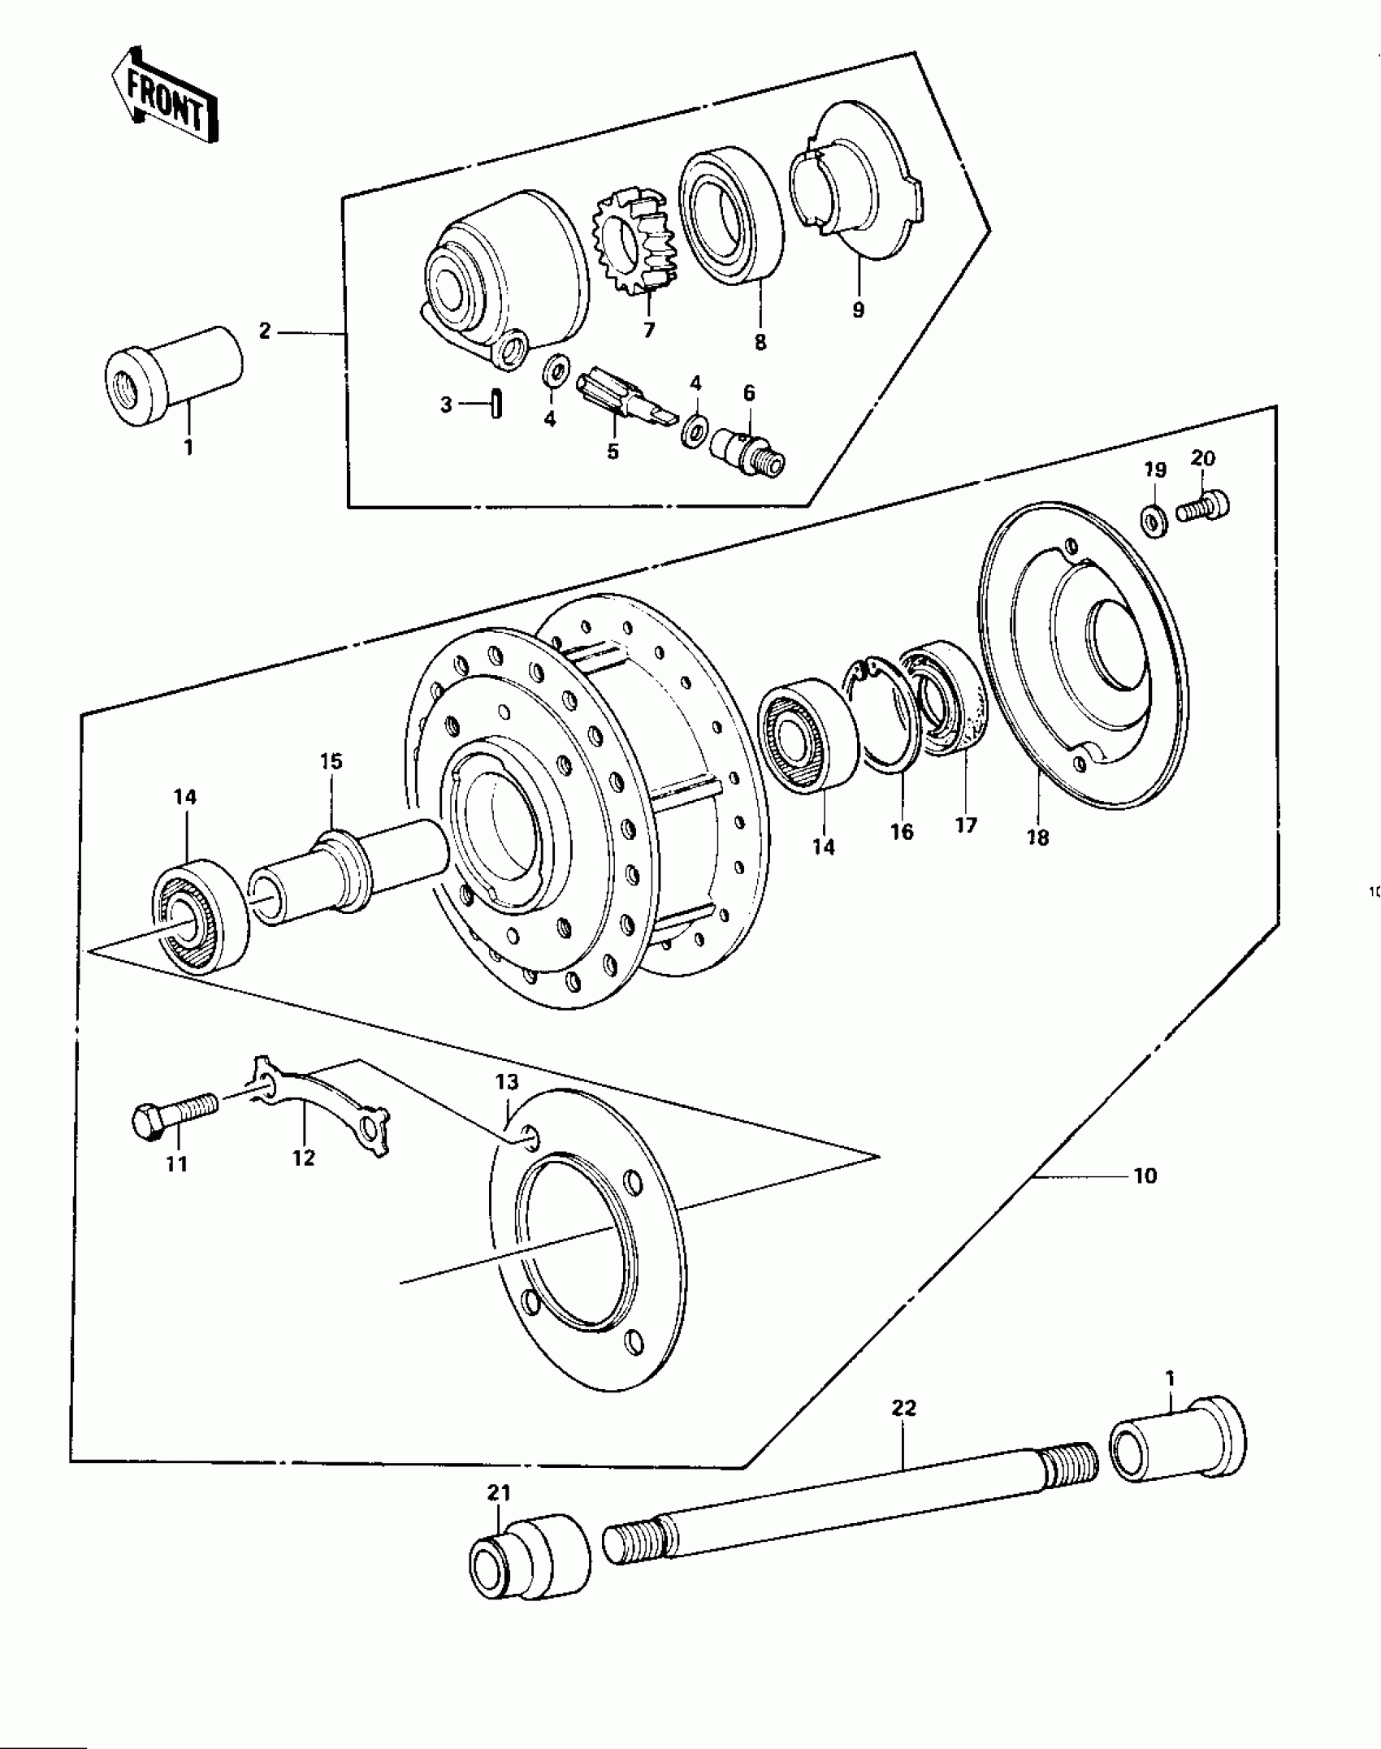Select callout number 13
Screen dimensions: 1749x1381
(x=507, y=1082)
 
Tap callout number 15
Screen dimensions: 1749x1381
(x=331, y=761)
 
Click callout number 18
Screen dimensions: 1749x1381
(x=1037, y=838)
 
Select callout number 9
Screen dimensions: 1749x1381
(x=859, y=310)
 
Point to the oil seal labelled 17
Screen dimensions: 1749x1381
(x=948, y=701)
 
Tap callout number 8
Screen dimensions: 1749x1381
(x=760, y=342)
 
